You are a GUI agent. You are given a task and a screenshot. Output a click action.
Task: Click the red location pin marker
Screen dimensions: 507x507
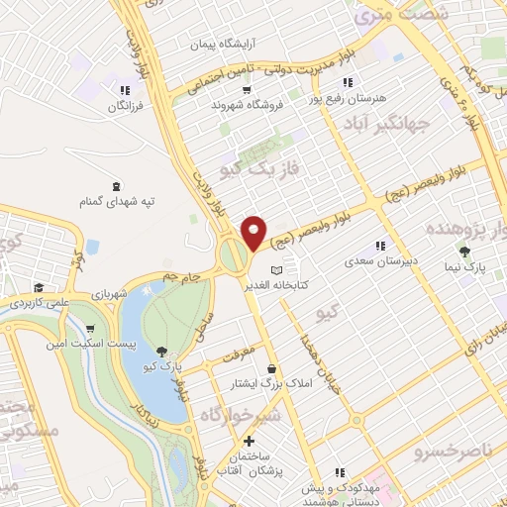coord(254,233)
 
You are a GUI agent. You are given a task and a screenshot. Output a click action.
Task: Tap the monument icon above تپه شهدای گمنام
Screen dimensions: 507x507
coord(118,185)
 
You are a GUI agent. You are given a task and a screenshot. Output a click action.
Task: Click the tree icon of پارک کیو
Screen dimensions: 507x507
coord(161,352)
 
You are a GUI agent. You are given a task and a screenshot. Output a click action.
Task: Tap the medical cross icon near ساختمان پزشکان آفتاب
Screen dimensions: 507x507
coord(248,441)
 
